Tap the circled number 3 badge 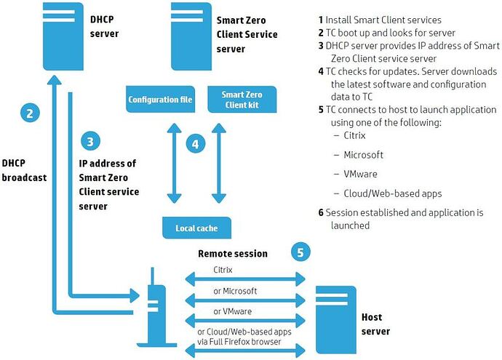point(89,141)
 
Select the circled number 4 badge point(195,144)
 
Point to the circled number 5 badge point(300,252)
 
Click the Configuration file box point(160,99)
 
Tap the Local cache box point(196,228)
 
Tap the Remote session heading point(233,255)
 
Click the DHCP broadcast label point(24,169)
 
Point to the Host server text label point(375,324)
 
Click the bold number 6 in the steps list point(321,213)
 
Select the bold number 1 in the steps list point(320,19)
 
